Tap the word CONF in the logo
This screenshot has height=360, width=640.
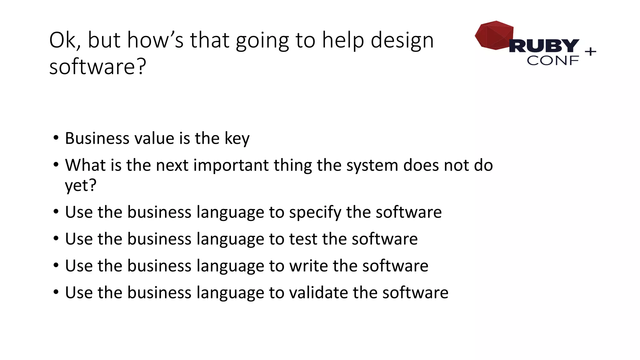point(552,61)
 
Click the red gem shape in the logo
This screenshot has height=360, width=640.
point(494,35)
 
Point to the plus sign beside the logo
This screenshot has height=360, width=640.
point(590,51)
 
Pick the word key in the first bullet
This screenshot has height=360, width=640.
point(237,139)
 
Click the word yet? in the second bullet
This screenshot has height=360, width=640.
point(81,186)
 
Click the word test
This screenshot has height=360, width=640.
point(303,239)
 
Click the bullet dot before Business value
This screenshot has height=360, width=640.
point(56,138)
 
